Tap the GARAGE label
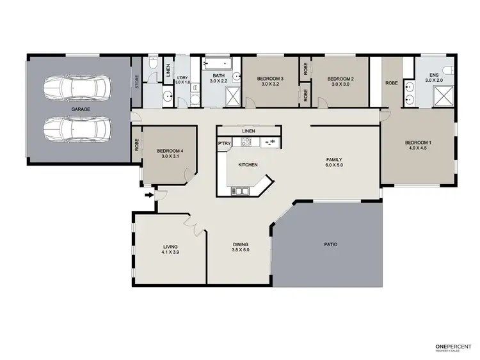click(x=81, y=109)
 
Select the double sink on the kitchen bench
click(x=272, y=142)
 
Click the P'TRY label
click(x=224, y=145)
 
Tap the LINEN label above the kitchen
click(x=249, y=131)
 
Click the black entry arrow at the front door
click(x=149, y=194)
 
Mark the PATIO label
click(x=330, y=244)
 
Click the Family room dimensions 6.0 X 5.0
click(x=335, y=166)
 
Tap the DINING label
click(x=241, y=244)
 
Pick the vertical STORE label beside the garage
click(x=136, y=82)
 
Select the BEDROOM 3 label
click(x=270, y=79)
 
